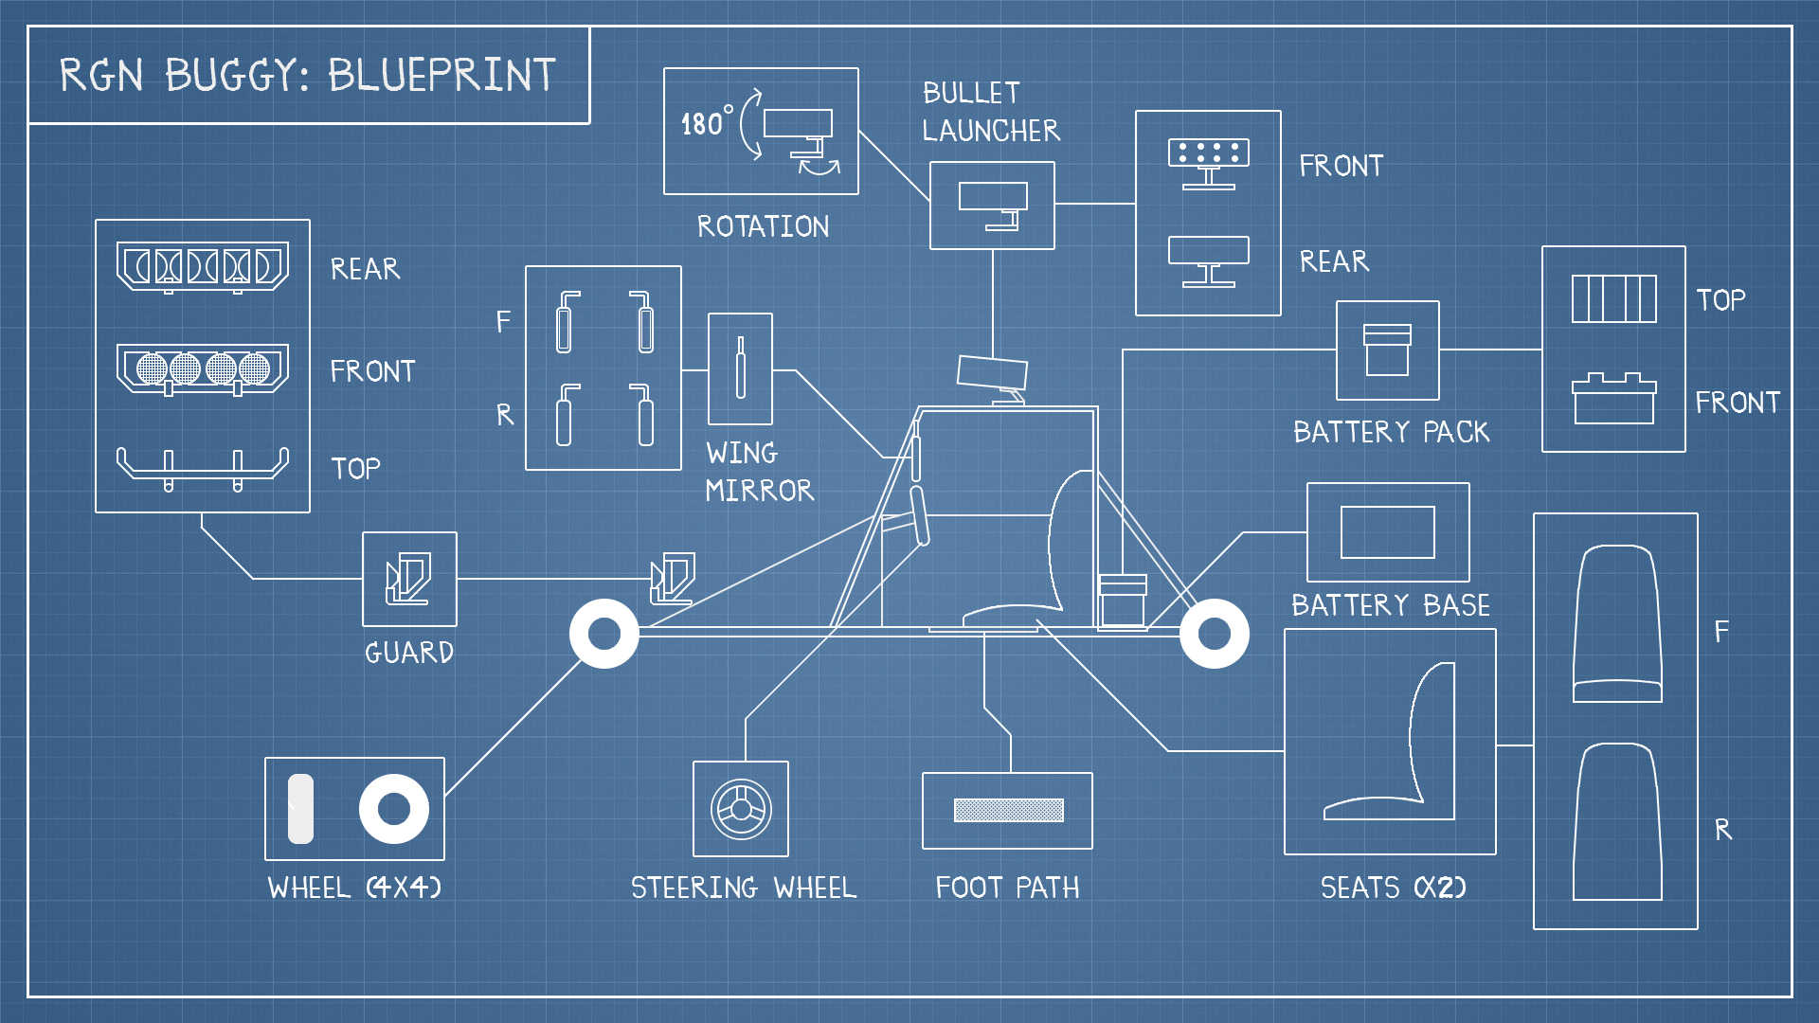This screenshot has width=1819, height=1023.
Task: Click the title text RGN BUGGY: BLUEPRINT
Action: [x=307, y=76]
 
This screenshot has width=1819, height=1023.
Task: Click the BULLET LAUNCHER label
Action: [x=990, y=112]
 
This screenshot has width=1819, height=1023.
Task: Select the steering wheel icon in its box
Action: [x=741, y=809]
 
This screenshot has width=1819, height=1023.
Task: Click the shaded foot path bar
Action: [x=1008, y=810]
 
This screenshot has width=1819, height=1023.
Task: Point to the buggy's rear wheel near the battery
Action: [x=1214, y=634]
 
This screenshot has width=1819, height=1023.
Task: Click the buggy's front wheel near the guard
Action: [x=604, y=634]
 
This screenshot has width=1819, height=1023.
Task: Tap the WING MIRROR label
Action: [x=759, y=472]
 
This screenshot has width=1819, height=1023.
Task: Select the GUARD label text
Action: [x=409, y=653]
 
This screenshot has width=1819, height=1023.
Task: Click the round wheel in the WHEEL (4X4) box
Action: [x=393, y=809]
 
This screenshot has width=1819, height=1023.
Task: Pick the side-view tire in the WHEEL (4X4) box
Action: [x=300, y=809]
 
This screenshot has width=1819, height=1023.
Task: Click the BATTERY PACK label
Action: [x=1391, y=432]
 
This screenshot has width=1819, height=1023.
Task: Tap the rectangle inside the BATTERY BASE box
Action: [x=1387, y=532]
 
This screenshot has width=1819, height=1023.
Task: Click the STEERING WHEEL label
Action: [x=744, y=888]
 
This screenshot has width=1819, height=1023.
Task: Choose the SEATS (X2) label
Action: [x=1393, y=888]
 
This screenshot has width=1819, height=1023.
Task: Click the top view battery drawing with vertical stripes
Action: [x=1613, y=299]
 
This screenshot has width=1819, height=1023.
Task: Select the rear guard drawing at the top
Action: [x=202, y=267]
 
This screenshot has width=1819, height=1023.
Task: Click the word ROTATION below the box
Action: [x=763, y=226]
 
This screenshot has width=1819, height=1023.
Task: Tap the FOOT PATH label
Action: [x=1007, y=888]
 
